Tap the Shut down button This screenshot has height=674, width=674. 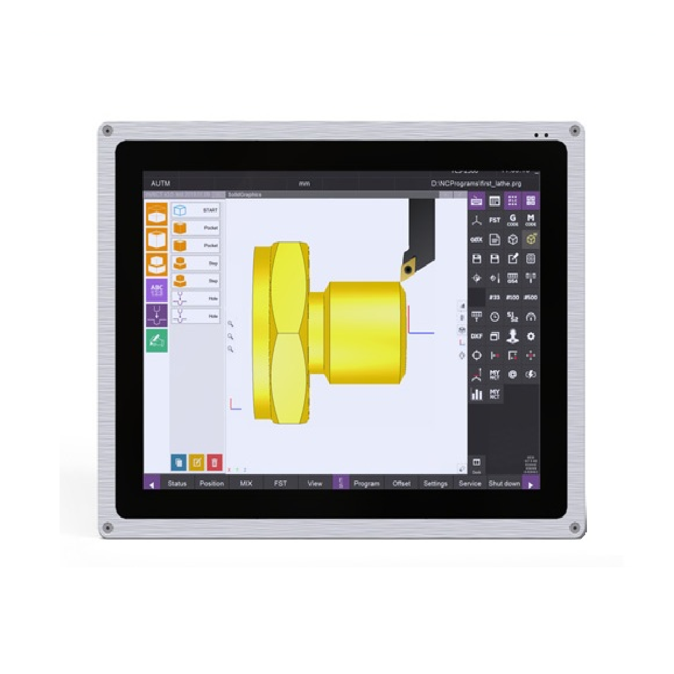coord(504,483)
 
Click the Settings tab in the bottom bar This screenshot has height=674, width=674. coord(435,483)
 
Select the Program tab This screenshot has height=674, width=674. coord(366,483)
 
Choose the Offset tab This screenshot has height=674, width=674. coord(401,483)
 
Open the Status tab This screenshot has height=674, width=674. coord(177,483)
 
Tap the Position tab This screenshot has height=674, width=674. coord(212,483)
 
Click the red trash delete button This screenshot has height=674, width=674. coord(215,462)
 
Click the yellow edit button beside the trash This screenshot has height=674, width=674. coord(197,462)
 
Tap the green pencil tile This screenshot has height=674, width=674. coord(157,341)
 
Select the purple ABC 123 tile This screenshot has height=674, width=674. coord(157,290)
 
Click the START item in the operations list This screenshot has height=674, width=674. coord(195,211)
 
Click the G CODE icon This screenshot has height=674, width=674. coord(512,220)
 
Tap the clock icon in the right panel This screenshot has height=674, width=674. coord(494,317)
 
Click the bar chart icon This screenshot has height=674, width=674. coord(477,394)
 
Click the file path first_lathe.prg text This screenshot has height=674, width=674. coord(476,184)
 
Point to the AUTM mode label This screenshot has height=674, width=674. coord(161,184)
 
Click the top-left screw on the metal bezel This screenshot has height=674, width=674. coord(107,131)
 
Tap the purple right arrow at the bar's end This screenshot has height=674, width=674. coord(531,484)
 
